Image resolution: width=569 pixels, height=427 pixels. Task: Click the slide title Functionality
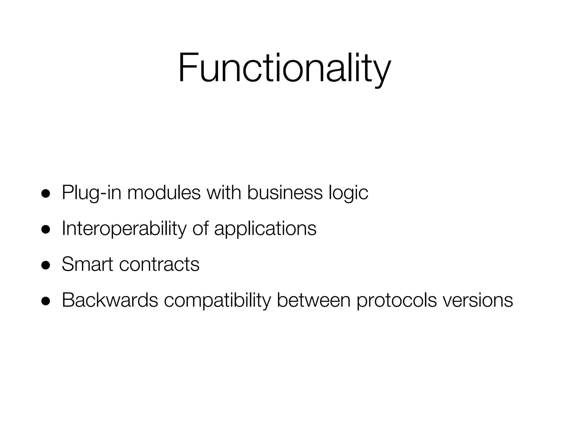pos(284,68)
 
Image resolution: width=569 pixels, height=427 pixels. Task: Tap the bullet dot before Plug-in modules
pos(45,193)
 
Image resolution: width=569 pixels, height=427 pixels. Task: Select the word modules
pos(164,192)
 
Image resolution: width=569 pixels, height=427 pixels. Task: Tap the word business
pos(285,192)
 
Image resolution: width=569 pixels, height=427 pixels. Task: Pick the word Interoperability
pos(124,229)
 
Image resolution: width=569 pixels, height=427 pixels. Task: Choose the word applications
pos(265,229)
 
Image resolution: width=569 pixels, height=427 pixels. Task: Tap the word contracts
pos(159,264)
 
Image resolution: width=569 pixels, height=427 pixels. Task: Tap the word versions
pos(478,300)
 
